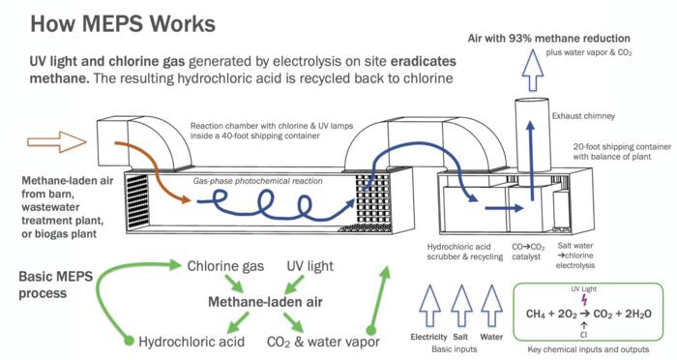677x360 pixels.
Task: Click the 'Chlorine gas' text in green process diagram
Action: click(x=225, y=265)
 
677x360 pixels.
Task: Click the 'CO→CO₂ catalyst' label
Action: click(x=524, y=253)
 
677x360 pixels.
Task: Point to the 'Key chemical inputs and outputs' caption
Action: click(x=585, y=349)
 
